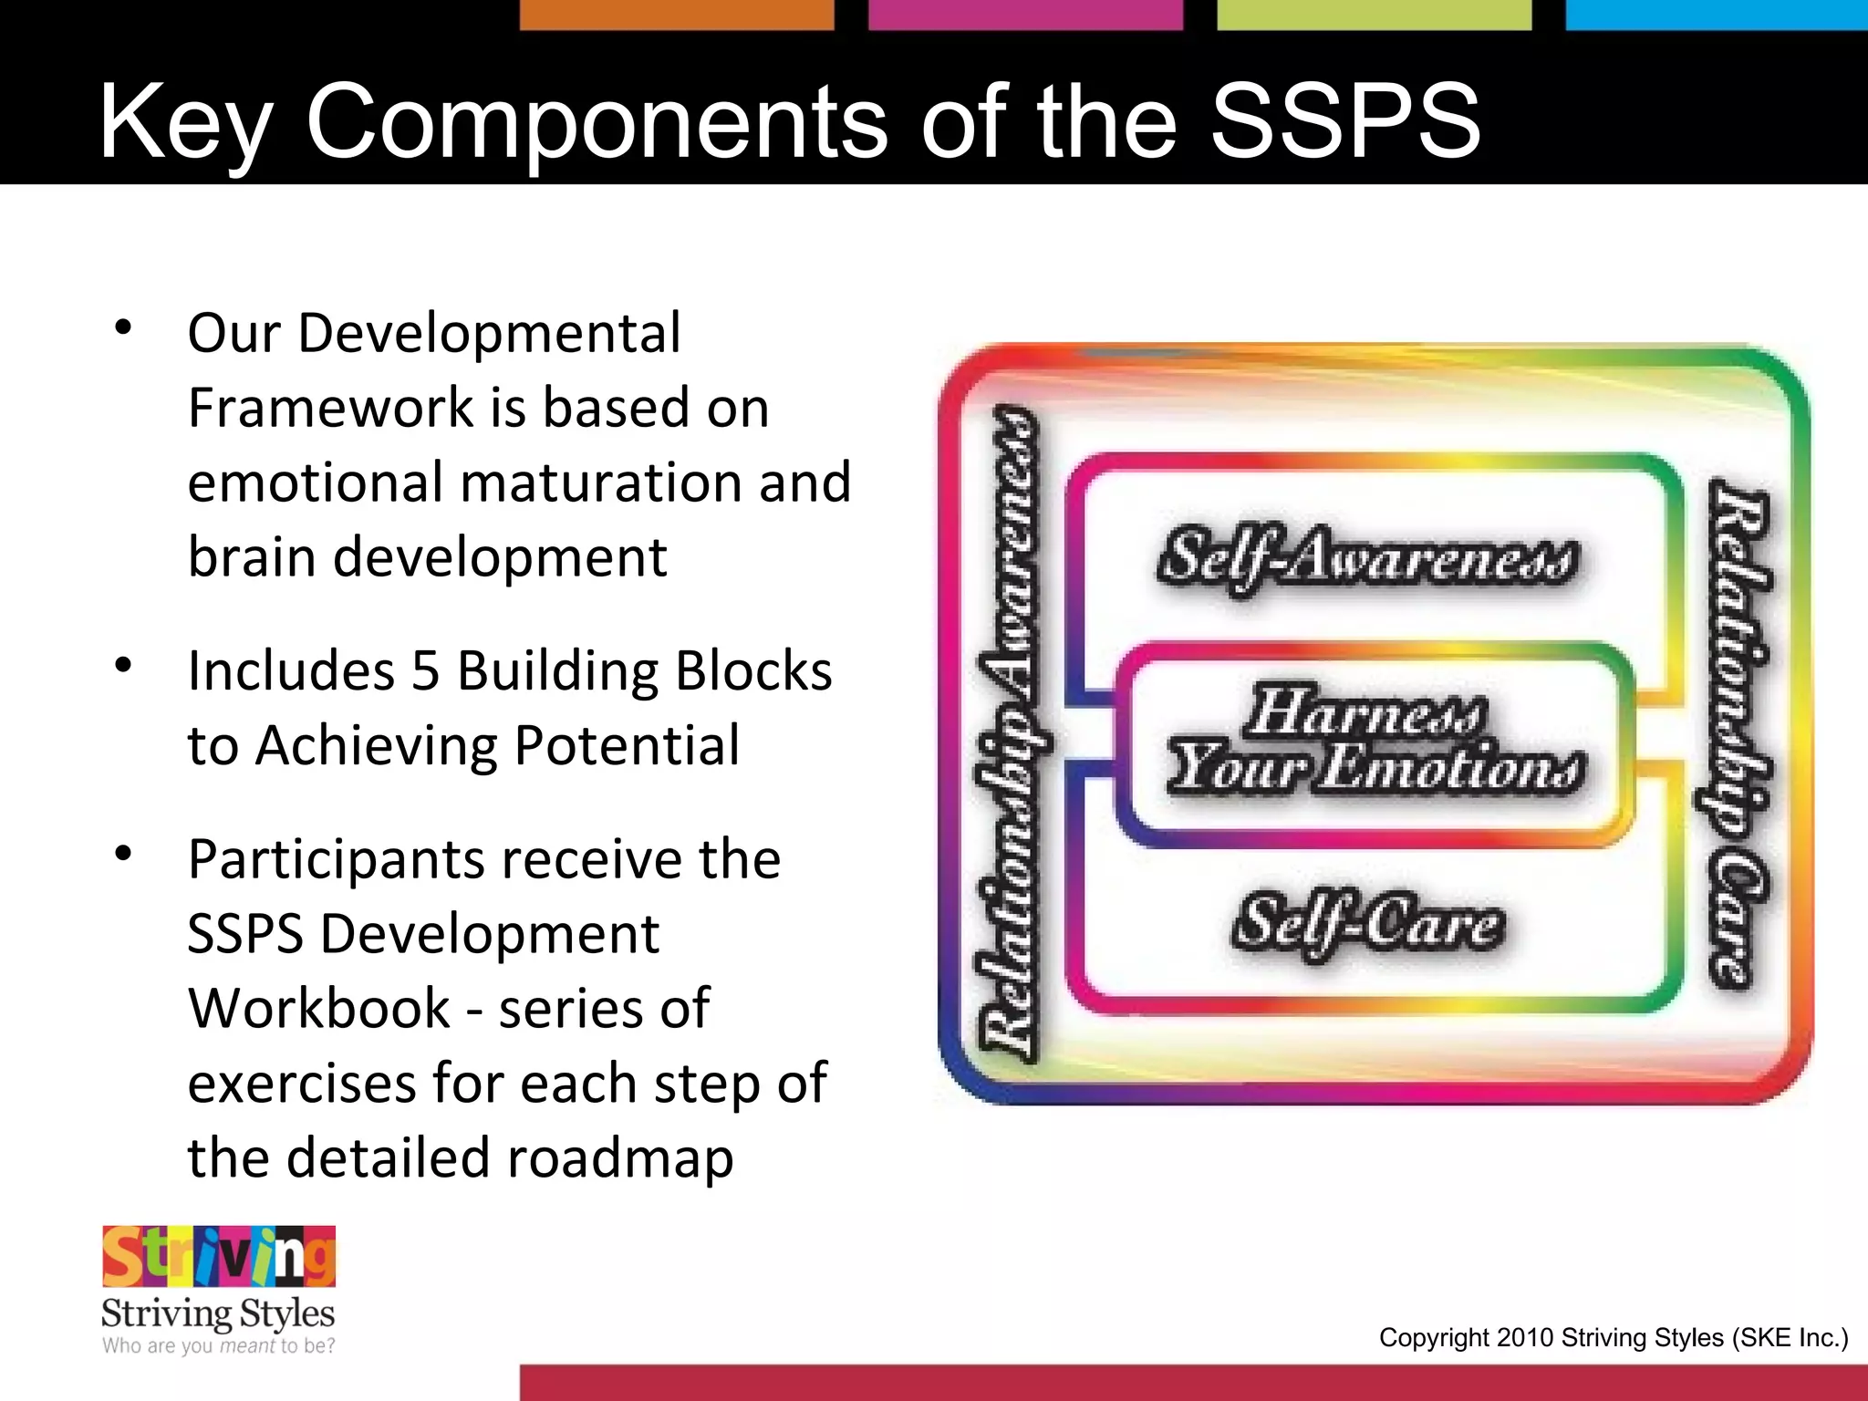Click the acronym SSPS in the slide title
(1345, 121)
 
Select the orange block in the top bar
(677, 15)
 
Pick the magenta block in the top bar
(1025, 15)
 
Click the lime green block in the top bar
(1374, 15)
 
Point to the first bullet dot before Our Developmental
(124, 327)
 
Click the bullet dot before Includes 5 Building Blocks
(124, 665)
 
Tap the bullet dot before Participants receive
(124, 854)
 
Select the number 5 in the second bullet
(425, 671)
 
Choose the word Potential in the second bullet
(627, 746)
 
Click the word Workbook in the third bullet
(318, 1009)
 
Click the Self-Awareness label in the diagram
(1367, 558)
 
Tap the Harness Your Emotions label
(1375, 741)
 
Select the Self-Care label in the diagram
(1367, 923)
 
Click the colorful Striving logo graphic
(219, 1256)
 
